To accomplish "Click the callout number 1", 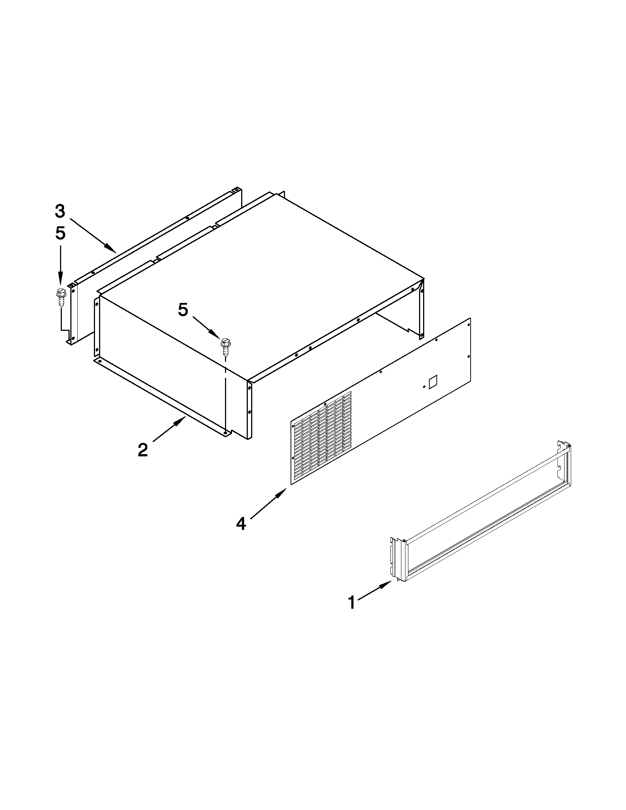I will pos(352,603).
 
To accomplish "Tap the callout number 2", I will pos(143,450).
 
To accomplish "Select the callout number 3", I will pos(60,211).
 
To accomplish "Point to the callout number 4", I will pos(241,524).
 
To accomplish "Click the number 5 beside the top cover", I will pos(183,310).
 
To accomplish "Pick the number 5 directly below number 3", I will pos(60,234).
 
